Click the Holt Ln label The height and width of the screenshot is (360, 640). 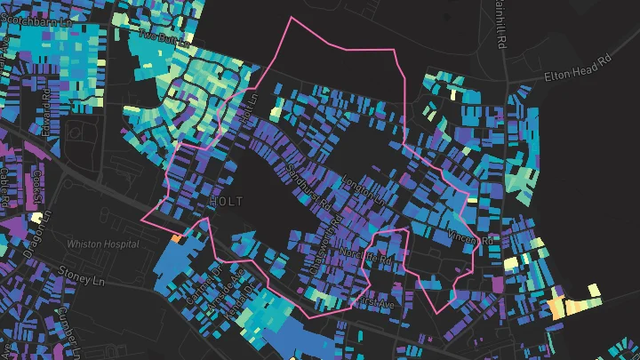click(246, 110)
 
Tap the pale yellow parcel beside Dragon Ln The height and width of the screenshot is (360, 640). click(37, 217)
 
